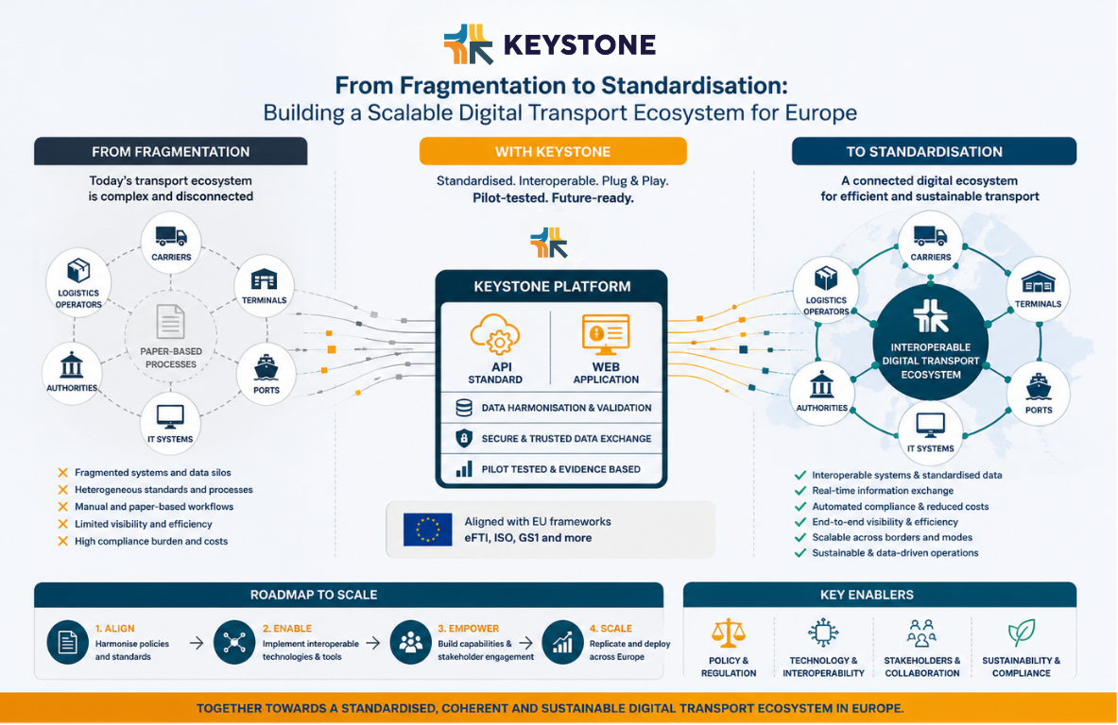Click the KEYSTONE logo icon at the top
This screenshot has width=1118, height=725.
click(x=467, y=44)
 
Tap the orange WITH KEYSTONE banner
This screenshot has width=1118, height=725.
click(x=553, y=151)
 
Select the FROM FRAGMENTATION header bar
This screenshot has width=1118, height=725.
click(x=171, y=151)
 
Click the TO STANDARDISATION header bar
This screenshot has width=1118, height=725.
click(x=934, y=151)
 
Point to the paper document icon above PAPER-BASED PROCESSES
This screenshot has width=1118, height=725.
click(x=171, y=322)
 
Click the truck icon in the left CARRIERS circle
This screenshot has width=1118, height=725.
click(x=171, y=236)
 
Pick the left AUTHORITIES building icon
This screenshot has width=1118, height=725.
click(x=72, y=366)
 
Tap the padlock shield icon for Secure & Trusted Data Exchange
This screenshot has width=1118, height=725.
click(x=463, y=438)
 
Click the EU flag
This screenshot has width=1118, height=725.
click(x=427, y=530)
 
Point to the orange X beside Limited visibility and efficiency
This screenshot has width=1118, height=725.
click(x=62, y=524)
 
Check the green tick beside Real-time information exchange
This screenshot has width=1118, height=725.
click(x=800, y=491)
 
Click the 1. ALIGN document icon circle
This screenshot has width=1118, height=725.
click(x=68, y=642)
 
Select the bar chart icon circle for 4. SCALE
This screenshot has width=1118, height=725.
click(x=563, y=642)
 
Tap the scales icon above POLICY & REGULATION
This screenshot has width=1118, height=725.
click(x=729, y=632)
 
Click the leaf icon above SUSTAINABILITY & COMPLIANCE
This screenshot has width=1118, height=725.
click(x=1021, y=632)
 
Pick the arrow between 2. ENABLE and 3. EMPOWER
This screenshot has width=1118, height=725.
click(x=372, y=643)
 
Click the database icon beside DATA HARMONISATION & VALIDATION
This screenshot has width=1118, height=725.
click(x=463, y=408)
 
